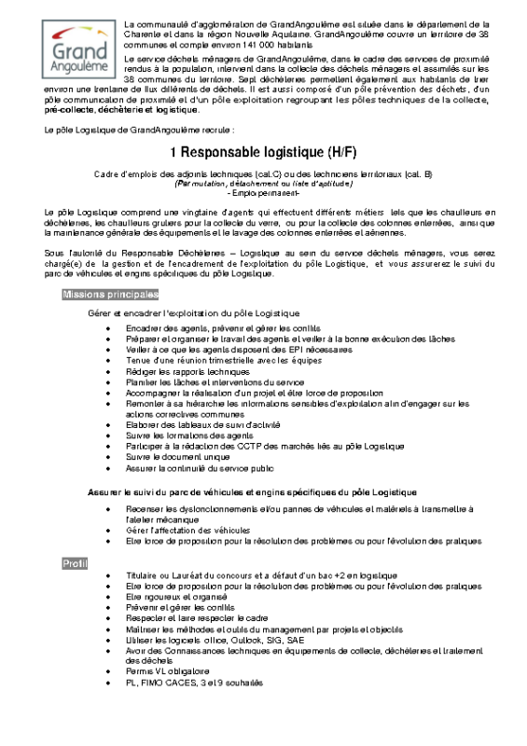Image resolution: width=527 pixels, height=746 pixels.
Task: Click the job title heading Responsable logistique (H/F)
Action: coord(264,152)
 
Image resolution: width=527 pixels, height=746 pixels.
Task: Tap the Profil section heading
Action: coord(75,563)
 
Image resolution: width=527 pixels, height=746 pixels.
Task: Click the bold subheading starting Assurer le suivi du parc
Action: coord(251,490)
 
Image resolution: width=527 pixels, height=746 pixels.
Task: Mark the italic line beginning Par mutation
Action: coord(264,184)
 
